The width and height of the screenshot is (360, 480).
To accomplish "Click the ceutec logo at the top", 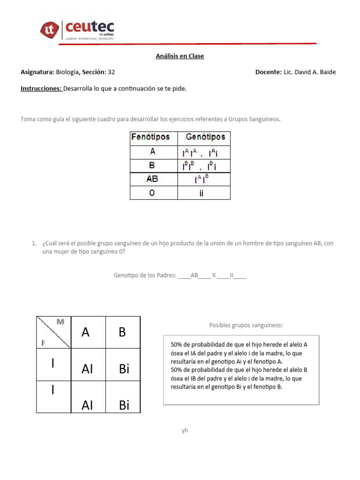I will click(x=77, y=29).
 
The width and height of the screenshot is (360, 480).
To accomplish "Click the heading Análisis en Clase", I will click(x=180, y=56).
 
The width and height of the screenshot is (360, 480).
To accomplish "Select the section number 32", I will click(x=111, y=72).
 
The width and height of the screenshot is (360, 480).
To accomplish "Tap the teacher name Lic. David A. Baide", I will click(x=309, y=72).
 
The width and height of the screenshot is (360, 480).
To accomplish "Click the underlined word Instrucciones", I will click(x=41, y=88).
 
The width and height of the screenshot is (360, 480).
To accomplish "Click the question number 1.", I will click(x=34, y=243).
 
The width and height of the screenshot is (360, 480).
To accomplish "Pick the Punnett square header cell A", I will click(x=85, y=332).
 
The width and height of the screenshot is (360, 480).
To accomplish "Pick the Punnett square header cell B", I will click(x=122, y=332).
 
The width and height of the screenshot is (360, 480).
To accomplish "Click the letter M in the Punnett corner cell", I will click(x=60, y=322).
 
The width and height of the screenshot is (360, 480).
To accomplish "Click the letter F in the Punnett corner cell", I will click(x=43, y=343).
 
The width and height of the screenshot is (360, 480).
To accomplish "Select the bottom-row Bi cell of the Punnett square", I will click(x=124, y=405).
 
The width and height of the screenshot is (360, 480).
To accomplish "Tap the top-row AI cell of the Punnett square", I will click(x=87, y=369).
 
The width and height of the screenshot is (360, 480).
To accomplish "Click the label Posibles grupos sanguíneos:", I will click(x=246, y=325).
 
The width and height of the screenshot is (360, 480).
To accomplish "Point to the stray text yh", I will click(x=185, y=430).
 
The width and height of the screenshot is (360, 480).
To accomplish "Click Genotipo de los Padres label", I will click(x=144, y=276).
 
